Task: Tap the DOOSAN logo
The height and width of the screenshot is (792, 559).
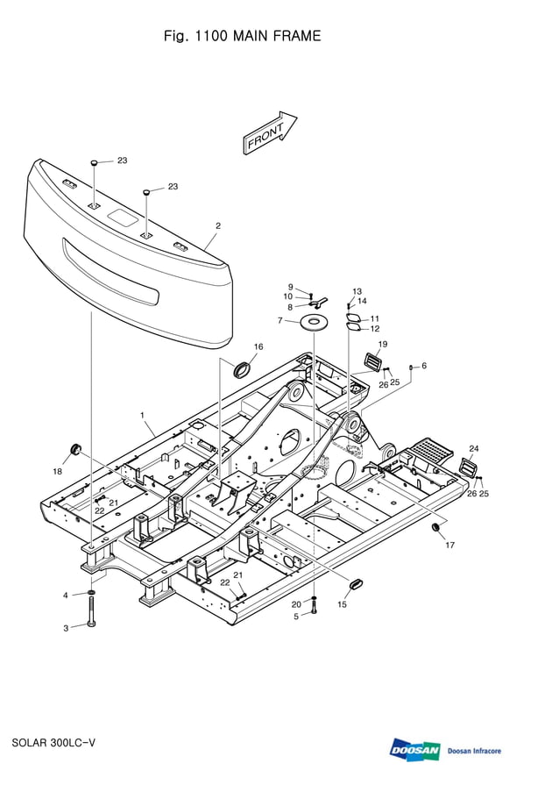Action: pos(415,750)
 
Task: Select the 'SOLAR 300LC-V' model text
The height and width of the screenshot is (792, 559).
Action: pos(53,743)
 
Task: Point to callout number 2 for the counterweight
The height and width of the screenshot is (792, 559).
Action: pos(218,225)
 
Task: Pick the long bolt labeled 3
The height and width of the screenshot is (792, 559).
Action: pos(91,611)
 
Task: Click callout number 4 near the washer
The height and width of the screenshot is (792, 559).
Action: pos(65,596)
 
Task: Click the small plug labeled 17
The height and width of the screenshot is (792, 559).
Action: pos(435,528)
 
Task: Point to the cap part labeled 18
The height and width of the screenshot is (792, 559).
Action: pos(74,451)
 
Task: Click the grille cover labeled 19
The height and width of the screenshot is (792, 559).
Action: pos(374,361)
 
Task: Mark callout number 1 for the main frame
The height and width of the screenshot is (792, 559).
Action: pos(142,413)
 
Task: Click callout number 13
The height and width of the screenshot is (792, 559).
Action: pos(357,291)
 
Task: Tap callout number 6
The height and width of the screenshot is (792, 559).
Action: pos(424,365)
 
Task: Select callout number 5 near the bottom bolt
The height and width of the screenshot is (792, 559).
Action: pos(296,617)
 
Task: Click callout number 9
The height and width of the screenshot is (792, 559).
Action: pos(290,287)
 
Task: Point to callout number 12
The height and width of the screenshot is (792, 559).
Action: pos(375,328)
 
